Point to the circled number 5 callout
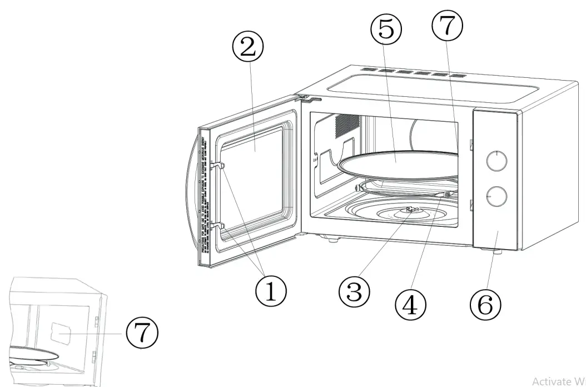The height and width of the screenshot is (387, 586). pyautogui.click(x=388, y=29)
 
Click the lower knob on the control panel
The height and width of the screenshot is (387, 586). pyautogui.click(x=496, y=196)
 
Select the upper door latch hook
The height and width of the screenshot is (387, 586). pyautogui.click(x=218, y=165)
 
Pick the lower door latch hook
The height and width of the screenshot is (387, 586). pyautogui.click(x=218, y=226)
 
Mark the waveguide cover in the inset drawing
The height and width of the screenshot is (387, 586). pyautogui.click(x=60, y=333)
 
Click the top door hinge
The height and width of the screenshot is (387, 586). pyautogui.click(x=309, y=99)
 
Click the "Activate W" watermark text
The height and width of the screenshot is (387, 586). pyautogui.click(x=558, y=381)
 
